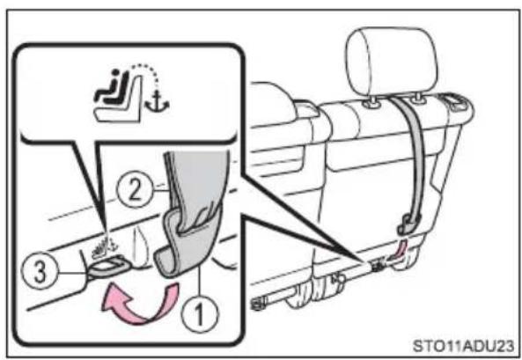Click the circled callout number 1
(200, 314)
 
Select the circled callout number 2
(134, 191)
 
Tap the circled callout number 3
(40, 271)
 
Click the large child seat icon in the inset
(118, 97)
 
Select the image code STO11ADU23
(463, 346)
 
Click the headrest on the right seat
(391, 62)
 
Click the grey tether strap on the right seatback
(414, 160)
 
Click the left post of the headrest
(372, 103)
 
